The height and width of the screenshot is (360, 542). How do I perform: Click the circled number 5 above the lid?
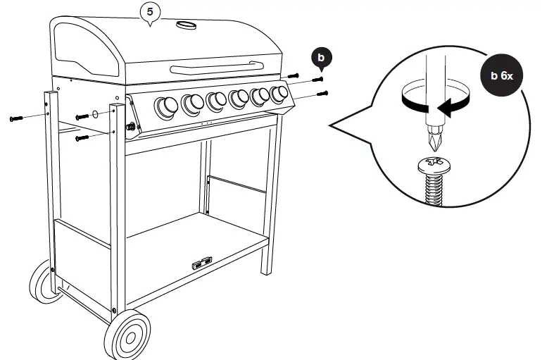(x=149, y=11)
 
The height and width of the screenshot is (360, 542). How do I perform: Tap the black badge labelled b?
(x=322, y=56)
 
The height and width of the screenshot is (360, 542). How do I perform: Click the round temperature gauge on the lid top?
(x=186, y=25)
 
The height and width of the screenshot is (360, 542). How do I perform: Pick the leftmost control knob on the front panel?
(x=167, y=106)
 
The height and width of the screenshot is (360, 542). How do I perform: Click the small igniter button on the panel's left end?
(x=130, y=127)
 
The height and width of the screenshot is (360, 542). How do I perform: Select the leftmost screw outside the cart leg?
(x=17, y=119)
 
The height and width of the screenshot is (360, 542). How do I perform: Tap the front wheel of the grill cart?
(x=127, y=333)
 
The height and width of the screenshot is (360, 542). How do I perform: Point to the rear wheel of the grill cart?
(x=44, y=281)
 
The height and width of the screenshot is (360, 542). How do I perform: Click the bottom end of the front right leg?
(x=266, y=271)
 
